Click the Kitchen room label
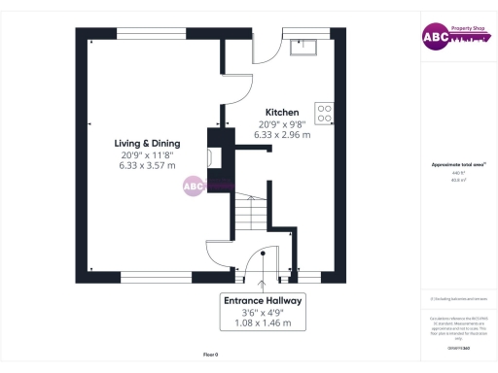(x=283, y=112)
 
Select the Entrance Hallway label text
(x=264, y=301)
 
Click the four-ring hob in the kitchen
(x=324, y=113)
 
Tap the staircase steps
(x=256, y=213)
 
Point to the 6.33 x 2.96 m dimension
(x=283, y=135)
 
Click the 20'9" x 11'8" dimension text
(x=146, y=154)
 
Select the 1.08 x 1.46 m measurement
(x=264, y=323)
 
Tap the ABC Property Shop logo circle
(x=432, y=37)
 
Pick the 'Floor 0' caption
(x=210, y=356)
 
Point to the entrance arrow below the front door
(x=264, y=284)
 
